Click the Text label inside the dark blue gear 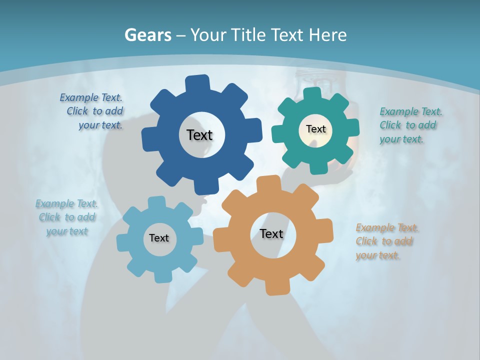(199, 135)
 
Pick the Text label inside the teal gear (315, 129)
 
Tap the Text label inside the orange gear (271, 233)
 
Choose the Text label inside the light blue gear (159, 238)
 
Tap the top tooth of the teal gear (312, 93)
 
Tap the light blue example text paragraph (67, 217)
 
